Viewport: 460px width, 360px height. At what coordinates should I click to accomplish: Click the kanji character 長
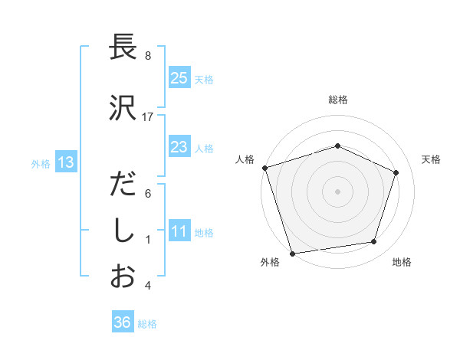(x=123, y=48)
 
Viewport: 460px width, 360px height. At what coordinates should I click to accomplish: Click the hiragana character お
(x=123, y=277)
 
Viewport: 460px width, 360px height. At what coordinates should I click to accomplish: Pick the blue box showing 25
(x=179, y=77)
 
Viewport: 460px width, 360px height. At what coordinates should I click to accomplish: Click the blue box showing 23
(x=179, y=147)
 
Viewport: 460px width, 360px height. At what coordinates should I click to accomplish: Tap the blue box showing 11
(x=179, y=231)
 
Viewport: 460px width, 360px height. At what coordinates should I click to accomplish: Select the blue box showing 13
(x=64, y=162)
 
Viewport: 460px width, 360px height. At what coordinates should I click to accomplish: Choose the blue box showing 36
(x=122, y=322)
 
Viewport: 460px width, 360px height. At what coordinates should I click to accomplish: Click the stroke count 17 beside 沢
(x=148, y=117)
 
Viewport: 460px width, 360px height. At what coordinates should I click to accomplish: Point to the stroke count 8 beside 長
(x=148, y=56)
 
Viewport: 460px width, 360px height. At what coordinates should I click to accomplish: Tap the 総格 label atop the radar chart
(x=338, y=100)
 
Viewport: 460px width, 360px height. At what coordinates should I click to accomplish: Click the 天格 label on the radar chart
(x=432, y=159)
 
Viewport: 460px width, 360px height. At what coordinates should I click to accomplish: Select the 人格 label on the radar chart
(x=245, y=159)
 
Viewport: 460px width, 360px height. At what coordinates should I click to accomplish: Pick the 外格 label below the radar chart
(x=269, y=263)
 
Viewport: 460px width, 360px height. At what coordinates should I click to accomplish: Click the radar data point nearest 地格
(x=374, y=242)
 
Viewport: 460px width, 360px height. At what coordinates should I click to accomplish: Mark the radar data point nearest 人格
(x=264, y=168)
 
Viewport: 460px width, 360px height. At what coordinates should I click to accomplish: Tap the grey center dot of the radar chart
(x=338, y=191)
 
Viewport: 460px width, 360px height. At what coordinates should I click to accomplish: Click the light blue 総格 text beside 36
(x=147, y=324)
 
